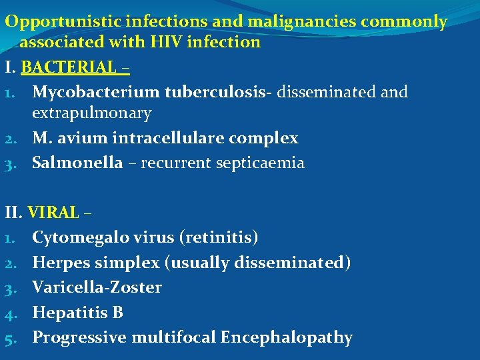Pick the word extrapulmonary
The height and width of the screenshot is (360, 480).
[x=92, y=113]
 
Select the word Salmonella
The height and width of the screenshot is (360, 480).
[x=77, y=162]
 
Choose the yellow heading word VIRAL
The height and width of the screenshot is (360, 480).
[x=53, y=213]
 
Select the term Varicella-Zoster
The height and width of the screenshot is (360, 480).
[x=97, y=287]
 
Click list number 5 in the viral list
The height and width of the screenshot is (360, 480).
[x=9, y=338]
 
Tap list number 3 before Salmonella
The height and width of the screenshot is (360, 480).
[x=9, y=163]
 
